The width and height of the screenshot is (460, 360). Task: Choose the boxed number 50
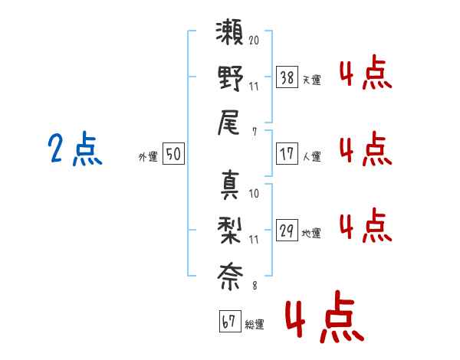[x=173, y=154]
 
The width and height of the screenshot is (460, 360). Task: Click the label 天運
[x=311, y=80]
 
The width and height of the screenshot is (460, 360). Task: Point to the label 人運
[x=311, y=156]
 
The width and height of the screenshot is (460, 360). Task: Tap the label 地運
[x=311, y=233]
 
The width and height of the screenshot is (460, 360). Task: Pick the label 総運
[x=254, y=325]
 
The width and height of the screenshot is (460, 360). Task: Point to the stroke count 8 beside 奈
[x=254, y=286]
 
